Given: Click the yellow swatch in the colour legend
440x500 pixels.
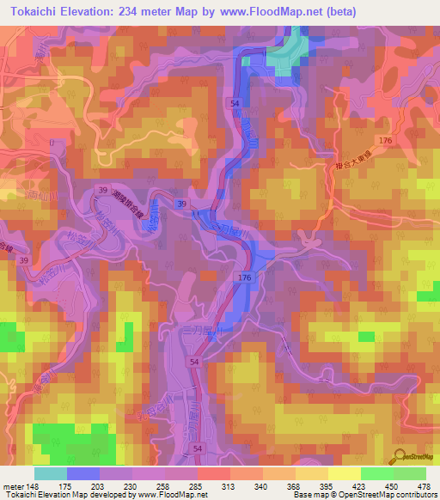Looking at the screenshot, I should [x=344, y=473].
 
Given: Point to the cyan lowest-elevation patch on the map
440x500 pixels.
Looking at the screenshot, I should [x=288, y=52].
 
